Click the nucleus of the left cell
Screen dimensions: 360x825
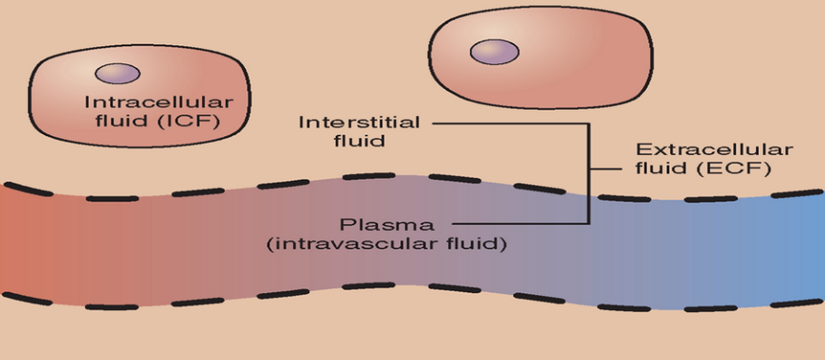[117, 74]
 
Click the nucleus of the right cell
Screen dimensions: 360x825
[494, 52]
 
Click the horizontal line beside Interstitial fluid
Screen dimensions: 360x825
[507, 123]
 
